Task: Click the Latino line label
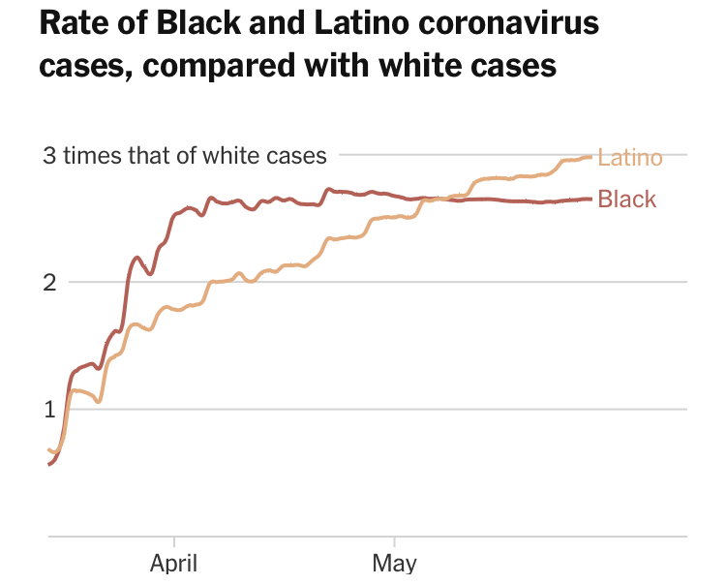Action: (x=629, y=158)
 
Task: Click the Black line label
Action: (x=626, y=200)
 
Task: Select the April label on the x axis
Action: (x=174, y=564)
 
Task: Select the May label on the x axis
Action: (x=394, y=564)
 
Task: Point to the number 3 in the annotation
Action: (x=48, y=155)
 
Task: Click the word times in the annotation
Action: (x=90, y=155)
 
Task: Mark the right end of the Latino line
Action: (x=590, y=157)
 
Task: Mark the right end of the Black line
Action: (x=590, y=200)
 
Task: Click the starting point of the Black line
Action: (x=48, y=465)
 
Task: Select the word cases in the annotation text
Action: (x=299, y=155)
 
